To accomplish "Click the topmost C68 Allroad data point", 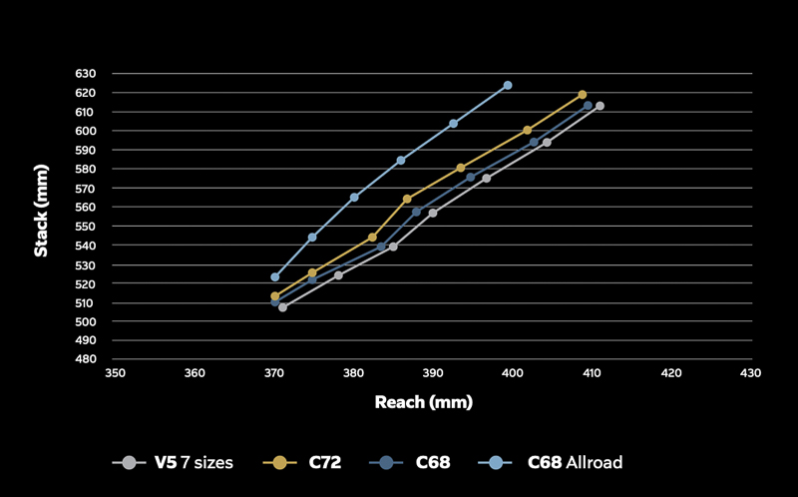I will (508, 85).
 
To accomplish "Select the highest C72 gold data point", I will (583, 95).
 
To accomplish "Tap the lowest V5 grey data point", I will (282, 307).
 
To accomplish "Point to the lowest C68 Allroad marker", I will (274, 277).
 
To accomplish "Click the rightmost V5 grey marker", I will (599, 106).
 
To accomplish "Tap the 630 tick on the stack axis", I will (85, 74).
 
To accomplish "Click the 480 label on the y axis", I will (85, 360).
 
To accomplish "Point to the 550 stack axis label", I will (85, 227).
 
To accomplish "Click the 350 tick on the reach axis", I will (116, 373).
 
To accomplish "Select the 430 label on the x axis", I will (750, 373).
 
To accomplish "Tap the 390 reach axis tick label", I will (433, 373).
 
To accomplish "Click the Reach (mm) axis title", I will (423, 403).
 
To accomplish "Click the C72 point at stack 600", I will (528, 130).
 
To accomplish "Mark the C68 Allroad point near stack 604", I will (454, 123).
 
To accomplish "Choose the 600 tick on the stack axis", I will (85, 131).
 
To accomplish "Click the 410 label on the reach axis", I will (592, 373).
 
